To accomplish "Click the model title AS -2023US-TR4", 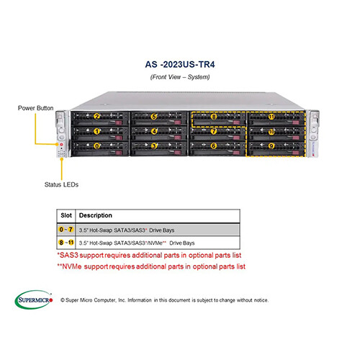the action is tap(180, 64).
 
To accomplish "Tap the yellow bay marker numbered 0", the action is tap(96, 146).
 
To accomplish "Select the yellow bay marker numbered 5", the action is tap(153, 117).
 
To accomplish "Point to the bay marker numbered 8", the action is tap(214, 117).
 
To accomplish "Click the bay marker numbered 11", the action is tap(271, 117).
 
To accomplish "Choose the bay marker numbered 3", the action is tap(154, 146).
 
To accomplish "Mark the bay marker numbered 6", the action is tap(214, 145).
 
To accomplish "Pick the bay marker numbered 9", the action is tap(271, 145).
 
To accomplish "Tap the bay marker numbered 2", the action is tap(96, 117).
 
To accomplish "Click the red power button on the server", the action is tap(61, 144).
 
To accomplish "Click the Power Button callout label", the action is tap(36, 108).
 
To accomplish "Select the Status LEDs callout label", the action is tap(61, 184).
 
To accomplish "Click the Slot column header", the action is tap(66, 215).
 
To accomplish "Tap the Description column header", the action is tap(96, 215).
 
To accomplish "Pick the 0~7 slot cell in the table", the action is tap(66, 230).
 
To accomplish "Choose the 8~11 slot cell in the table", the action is tap(66, 243).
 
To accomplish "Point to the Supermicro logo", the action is tap(34, 300).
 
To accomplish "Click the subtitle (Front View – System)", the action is tap(180, 77).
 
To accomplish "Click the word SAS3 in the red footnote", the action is tap(69, 255).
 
